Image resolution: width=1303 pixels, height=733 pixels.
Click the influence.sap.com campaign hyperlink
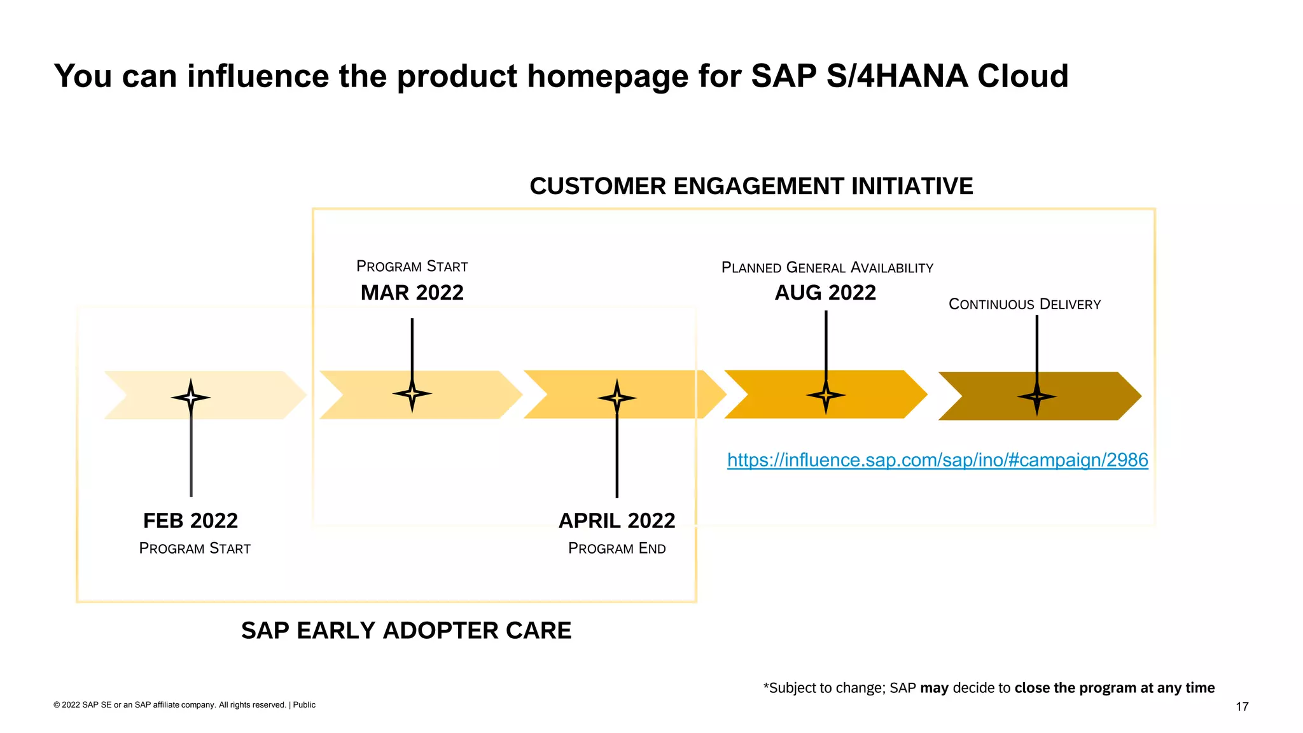coord(937,460)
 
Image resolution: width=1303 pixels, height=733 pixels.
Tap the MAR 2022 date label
coord(412,293)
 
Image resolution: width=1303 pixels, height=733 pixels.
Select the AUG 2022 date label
coord(825,293)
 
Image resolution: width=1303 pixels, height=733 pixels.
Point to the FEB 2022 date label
coord(190,521)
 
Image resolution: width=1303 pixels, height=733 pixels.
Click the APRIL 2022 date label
coord(617,521)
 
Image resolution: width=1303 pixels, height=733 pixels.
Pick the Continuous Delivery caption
coord(1024,304)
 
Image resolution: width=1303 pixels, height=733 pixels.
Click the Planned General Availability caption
coord(827,268)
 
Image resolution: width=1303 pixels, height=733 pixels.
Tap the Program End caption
coord(617,548)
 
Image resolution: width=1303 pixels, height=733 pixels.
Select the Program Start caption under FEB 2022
coord(195,548)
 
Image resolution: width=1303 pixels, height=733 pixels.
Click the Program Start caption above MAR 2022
coord(412,267)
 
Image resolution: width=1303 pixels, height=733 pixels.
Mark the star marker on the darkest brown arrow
coord(1036,397)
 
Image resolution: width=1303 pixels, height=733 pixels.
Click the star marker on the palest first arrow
coord(190,398)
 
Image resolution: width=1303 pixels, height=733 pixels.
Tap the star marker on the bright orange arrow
coord(826,395)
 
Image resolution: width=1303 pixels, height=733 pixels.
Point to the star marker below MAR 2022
coord(412,394)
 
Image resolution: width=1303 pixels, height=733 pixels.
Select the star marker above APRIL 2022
coord(617,398)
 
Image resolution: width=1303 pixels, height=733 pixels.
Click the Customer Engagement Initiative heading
coord(751,186)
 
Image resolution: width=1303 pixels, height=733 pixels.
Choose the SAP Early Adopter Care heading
coord(406,631)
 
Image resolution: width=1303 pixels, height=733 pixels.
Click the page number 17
coord(1241,706)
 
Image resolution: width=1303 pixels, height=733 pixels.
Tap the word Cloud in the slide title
coord(1022,76)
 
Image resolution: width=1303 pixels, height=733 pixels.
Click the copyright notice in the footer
coord(184,705)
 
